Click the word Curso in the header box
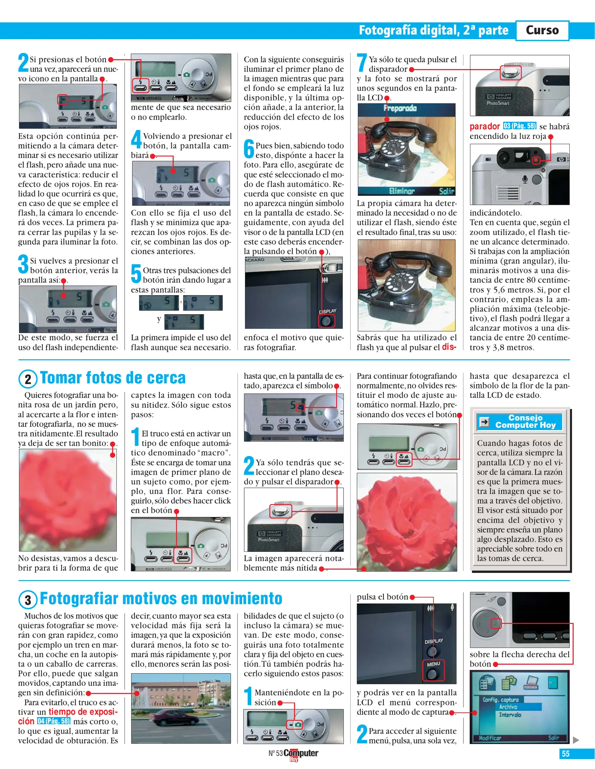click(x=542, y=30)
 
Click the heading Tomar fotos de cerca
click(x=113, y=378)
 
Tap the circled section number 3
click(x=28, y=600)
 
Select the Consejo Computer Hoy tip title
click(x=525, y=422)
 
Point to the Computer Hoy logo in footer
click(x=301, y=754)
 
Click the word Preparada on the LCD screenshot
click(x=401, y=108)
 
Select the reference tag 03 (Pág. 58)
click(x=520, y=126)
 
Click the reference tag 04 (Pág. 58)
click(x=54, y=721)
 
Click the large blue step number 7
click(x=362, y=63)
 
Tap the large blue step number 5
click(x=136, y=273)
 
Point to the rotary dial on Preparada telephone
click(x=394, y=146)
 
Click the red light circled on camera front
click(x=536, y=160)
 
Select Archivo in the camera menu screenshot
click(x=508, y=707)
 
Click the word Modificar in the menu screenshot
click(x=490, y=738)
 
